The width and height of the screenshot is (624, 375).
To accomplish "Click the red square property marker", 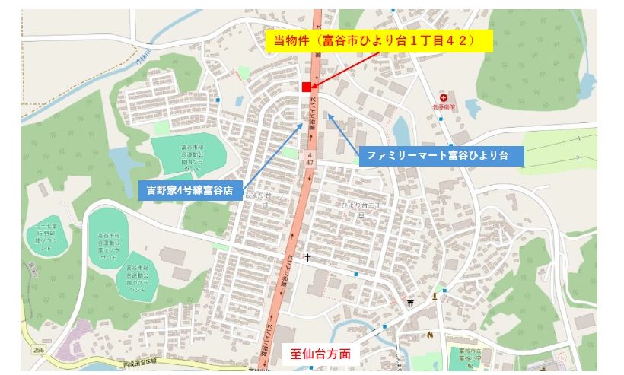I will (307, 86).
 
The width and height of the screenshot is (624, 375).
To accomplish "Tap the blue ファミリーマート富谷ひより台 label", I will (441, 156).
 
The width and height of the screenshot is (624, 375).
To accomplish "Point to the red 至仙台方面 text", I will (320, 354).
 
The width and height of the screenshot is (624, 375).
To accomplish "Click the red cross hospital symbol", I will (444, 99).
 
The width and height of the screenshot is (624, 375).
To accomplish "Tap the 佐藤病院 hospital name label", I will (444, 107).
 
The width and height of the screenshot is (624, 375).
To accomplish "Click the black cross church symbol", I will (307, 258).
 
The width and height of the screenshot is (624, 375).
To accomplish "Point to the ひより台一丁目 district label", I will (257, 199).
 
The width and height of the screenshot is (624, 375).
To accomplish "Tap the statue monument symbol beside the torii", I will (435, 295).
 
